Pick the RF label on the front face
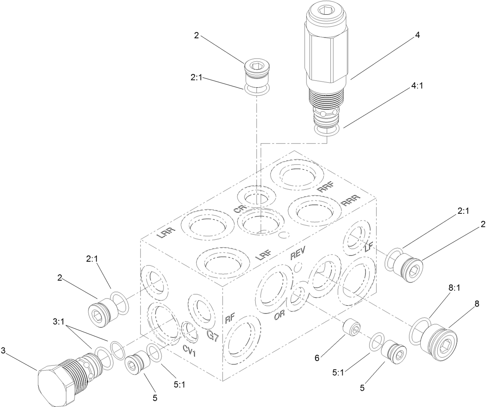coord(230,318)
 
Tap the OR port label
coord(279,315)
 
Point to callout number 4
coord(417,35)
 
